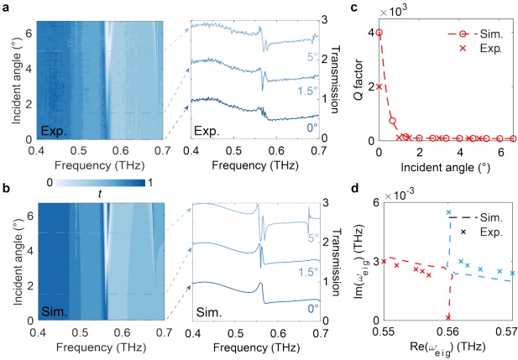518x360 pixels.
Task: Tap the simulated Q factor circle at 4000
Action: (379, 34)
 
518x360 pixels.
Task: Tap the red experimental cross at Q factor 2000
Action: (379, 86)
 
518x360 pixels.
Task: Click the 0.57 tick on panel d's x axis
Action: (512, 330)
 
